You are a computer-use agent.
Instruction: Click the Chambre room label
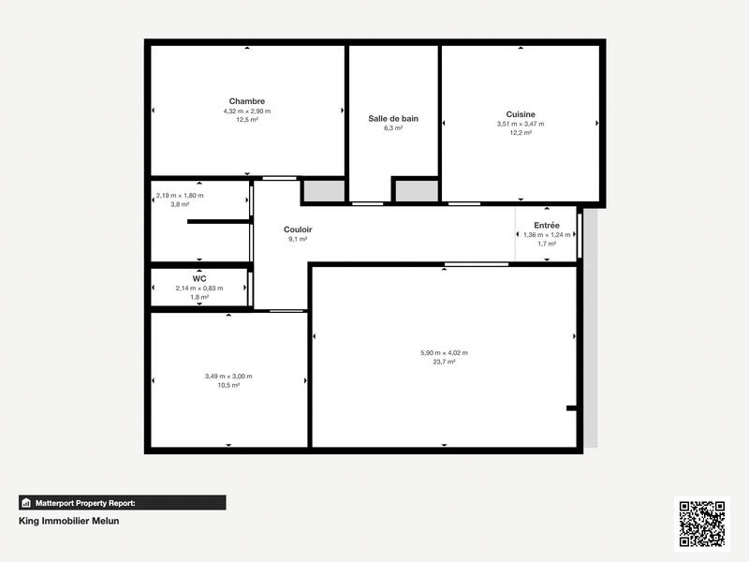click(x=247, y=101)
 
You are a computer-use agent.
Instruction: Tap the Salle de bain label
click(x=393, y=119)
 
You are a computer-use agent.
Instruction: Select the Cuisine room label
click(x=521, y=114)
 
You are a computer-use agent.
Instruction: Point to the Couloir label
click(x=298, y=229)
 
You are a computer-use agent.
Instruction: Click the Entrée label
click(x=547, y=225)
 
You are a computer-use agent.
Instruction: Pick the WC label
click(x=199, y=278)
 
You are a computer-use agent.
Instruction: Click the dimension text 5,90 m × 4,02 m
click(x=444, y=353)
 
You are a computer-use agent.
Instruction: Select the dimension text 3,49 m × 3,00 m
click(x=228, y=377)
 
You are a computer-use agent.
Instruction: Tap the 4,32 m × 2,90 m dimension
click(x=247, y=111)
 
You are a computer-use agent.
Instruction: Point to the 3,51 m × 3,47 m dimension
click(x=521, y=124)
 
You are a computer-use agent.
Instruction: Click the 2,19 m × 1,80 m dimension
click(x=180, y=196)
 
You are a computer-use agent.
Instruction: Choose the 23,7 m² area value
click(x=444, y=362)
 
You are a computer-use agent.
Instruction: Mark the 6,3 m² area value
click(x=393, y=128)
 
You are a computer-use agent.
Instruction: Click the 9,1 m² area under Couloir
click(x=298, y=239)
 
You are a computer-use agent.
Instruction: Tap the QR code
click(x=701, y=524)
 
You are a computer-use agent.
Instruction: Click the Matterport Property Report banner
click(x=123, y=502)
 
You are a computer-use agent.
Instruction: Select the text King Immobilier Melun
click(x=69, y=522)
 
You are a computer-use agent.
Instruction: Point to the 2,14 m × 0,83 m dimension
click(x=199, y=288)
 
